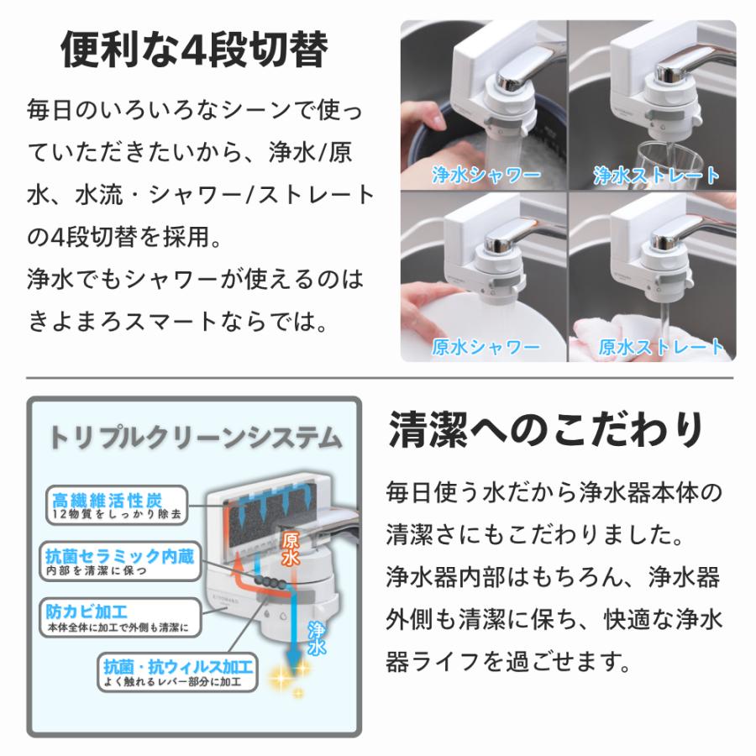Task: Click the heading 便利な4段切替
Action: click(x=193, y=50)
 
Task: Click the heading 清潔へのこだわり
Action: click(x=546, y=431)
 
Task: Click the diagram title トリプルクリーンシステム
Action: click(x=195, y=438)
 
